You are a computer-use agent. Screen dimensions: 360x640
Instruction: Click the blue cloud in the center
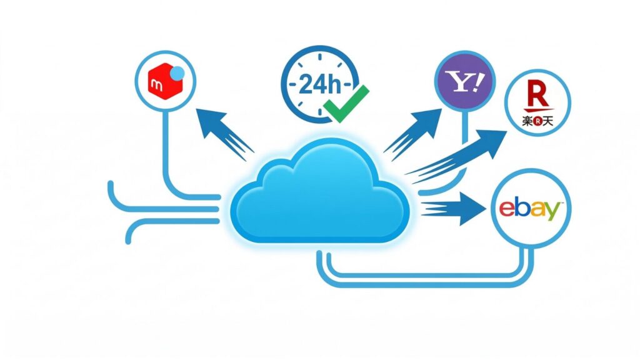tap(320, 194)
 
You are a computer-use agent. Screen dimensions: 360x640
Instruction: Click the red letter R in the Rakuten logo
tap(536, 97)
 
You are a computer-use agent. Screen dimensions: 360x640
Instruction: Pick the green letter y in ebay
tap(552, 212)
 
